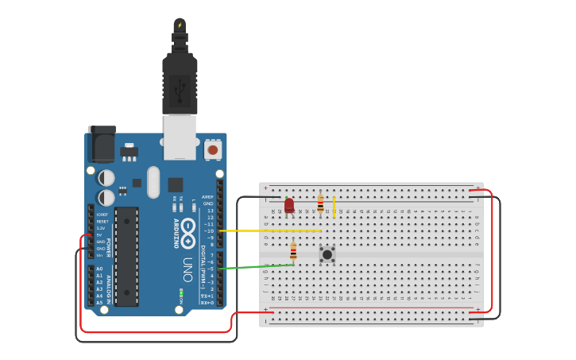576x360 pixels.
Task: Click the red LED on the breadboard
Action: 289,205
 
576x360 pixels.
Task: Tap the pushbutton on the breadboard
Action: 327,254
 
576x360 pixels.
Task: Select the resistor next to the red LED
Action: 320,204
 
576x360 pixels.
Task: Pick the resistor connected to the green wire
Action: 293,252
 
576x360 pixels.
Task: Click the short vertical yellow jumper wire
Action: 334,207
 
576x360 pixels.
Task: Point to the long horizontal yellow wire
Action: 270,230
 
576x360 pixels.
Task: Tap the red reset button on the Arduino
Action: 212,149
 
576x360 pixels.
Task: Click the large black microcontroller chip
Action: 126,256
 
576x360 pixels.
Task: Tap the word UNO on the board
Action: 187,269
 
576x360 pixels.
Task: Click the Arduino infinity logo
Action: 188,233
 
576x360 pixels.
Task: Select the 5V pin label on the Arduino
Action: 100,234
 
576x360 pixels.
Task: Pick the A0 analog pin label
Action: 99,269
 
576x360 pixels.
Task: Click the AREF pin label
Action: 207,196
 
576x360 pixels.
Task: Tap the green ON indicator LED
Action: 182,292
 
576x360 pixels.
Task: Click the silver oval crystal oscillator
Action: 153,182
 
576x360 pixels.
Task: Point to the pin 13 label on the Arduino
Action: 210,210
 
